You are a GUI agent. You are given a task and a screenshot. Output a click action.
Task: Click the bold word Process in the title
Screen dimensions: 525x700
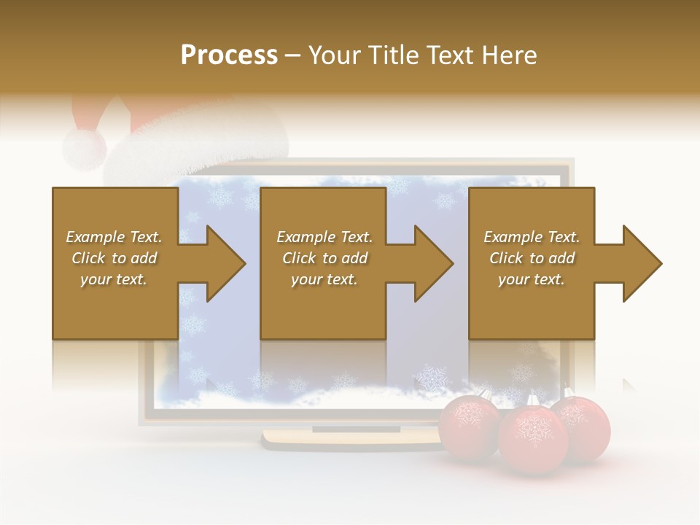[229, 55]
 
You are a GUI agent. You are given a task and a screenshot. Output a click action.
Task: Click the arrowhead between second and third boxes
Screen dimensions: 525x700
[433, 263]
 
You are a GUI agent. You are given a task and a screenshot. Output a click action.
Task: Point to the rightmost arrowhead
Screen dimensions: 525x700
[642, 263]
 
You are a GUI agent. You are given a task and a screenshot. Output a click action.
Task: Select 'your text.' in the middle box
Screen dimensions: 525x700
[324, 279]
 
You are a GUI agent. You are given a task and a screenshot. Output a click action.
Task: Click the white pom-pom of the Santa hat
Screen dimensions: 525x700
[84, 148]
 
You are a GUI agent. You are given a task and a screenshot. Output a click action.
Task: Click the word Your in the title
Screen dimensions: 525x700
[335, 55]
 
